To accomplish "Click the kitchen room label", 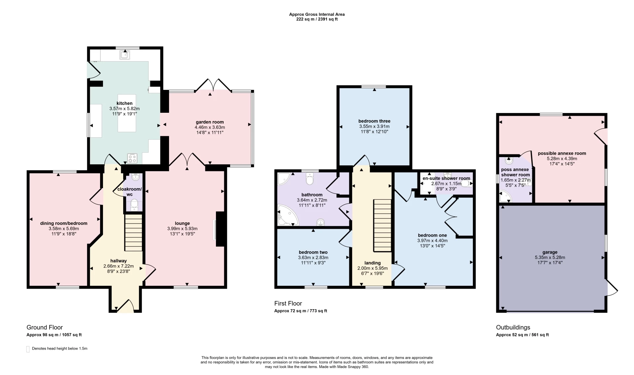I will pos(124,104).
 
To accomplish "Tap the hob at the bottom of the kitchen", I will pos(132,158).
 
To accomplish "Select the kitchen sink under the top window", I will pos(125,55).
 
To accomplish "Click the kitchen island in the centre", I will pos(127,113).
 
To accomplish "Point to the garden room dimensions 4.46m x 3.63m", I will pos(210,127).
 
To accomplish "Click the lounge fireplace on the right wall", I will pos(220,229).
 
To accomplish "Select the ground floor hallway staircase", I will pos(133,233).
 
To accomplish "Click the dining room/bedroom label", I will pos(64,223).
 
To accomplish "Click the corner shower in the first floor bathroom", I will pos(283,179).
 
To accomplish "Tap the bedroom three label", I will pos(374,121).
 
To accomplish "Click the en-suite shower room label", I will pos(446,178).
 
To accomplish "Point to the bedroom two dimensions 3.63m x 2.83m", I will pos(313,258).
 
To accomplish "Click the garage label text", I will pos(550,252).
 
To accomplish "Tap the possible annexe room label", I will pos(562,153).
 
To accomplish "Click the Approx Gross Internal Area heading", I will pos(317,14).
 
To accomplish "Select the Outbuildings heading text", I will pos(513,327).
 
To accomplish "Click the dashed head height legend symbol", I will pos(28,349).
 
